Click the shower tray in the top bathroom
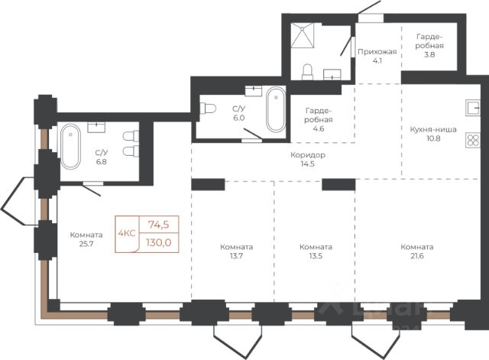coord(303,36)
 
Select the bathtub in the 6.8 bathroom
coord(70,146)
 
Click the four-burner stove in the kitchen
coord(473,140)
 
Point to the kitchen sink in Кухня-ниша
coord(473,108)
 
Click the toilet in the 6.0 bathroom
coord(208,109)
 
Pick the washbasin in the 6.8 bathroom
coord(96,128)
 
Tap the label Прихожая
coord(377,52)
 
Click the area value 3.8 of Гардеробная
coord(429,54)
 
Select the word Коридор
coord(308,154)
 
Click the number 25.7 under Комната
coord(86,244)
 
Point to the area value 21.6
coord(417,256)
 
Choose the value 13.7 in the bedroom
coord(236,256)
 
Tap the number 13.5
coord(316,256)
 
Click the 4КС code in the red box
coord(127,233)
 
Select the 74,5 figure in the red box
coord(158,224)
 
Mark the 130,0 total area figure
coord(159,242)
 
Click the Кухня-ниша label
coord(433,129)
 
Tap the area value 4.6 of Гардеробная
coord(319,128)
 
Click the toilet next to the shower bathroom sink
coord(307,72)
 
